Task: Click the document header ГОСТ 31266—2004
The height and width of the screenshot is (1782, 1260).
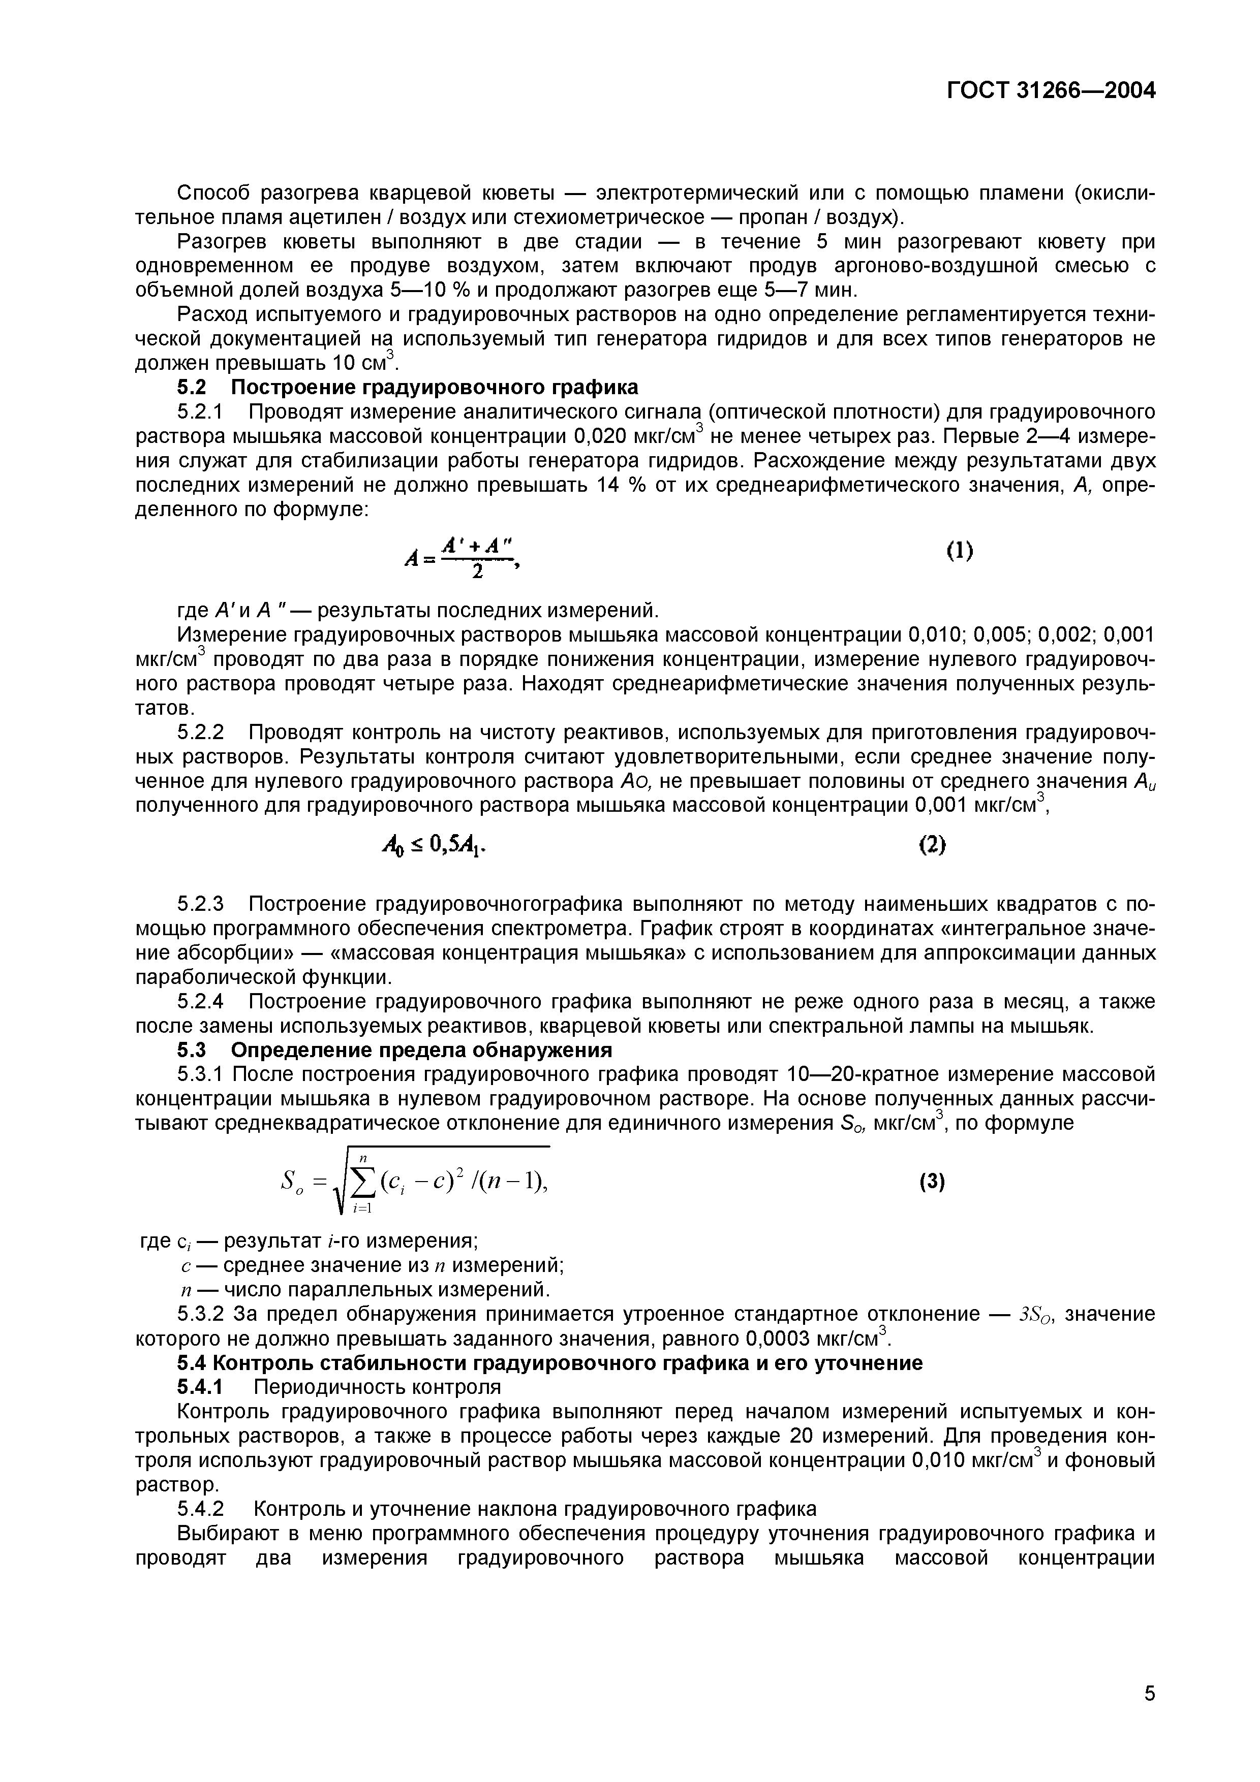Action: tap(1051, 91)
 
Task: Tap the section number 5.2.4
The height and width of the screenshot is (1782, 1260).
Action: tap(200, 1001)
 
